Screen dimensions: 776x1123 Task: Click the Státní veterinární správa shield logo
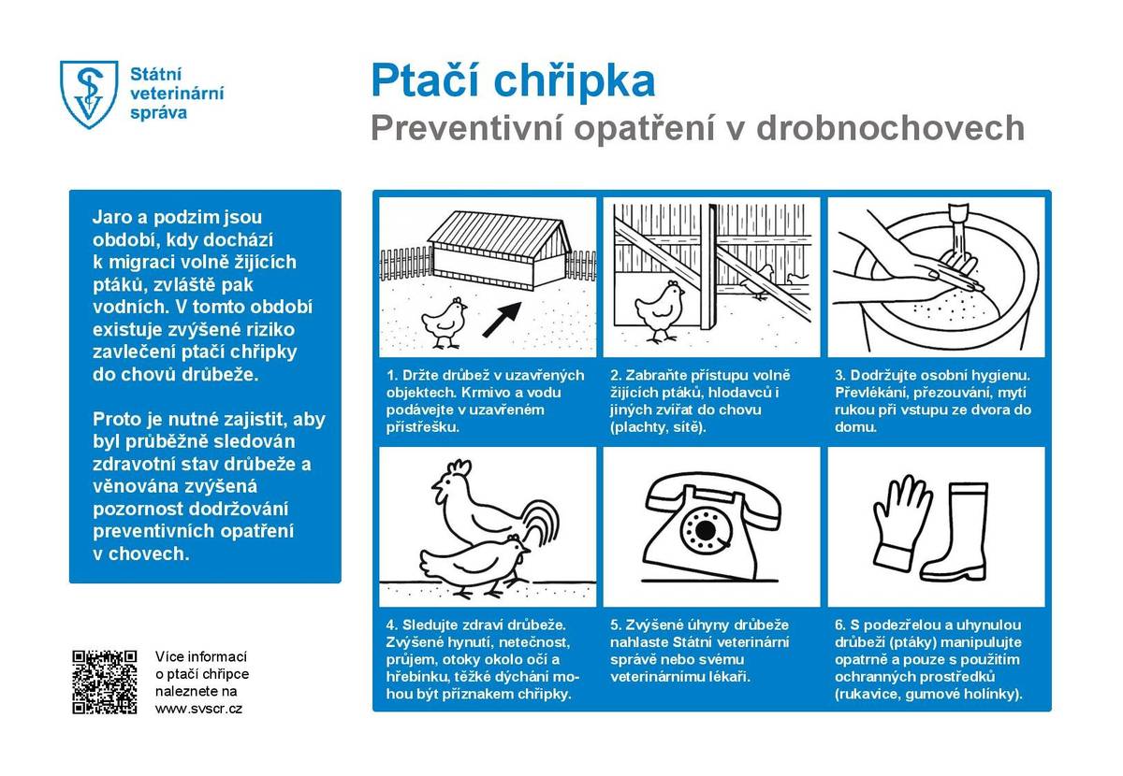pos(90,93)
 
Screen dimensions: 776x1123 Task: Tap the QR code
pos(105,682)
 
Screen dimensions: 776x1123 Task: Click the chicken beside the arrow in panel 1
pos(445,321)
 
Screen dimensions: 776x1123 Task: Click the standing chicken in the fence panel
pos(661,309)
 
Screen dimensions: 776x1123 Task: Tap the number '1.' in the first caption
pos(391,376)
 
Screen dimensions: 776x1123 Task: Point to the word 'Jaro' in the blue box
pos(111,217)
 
